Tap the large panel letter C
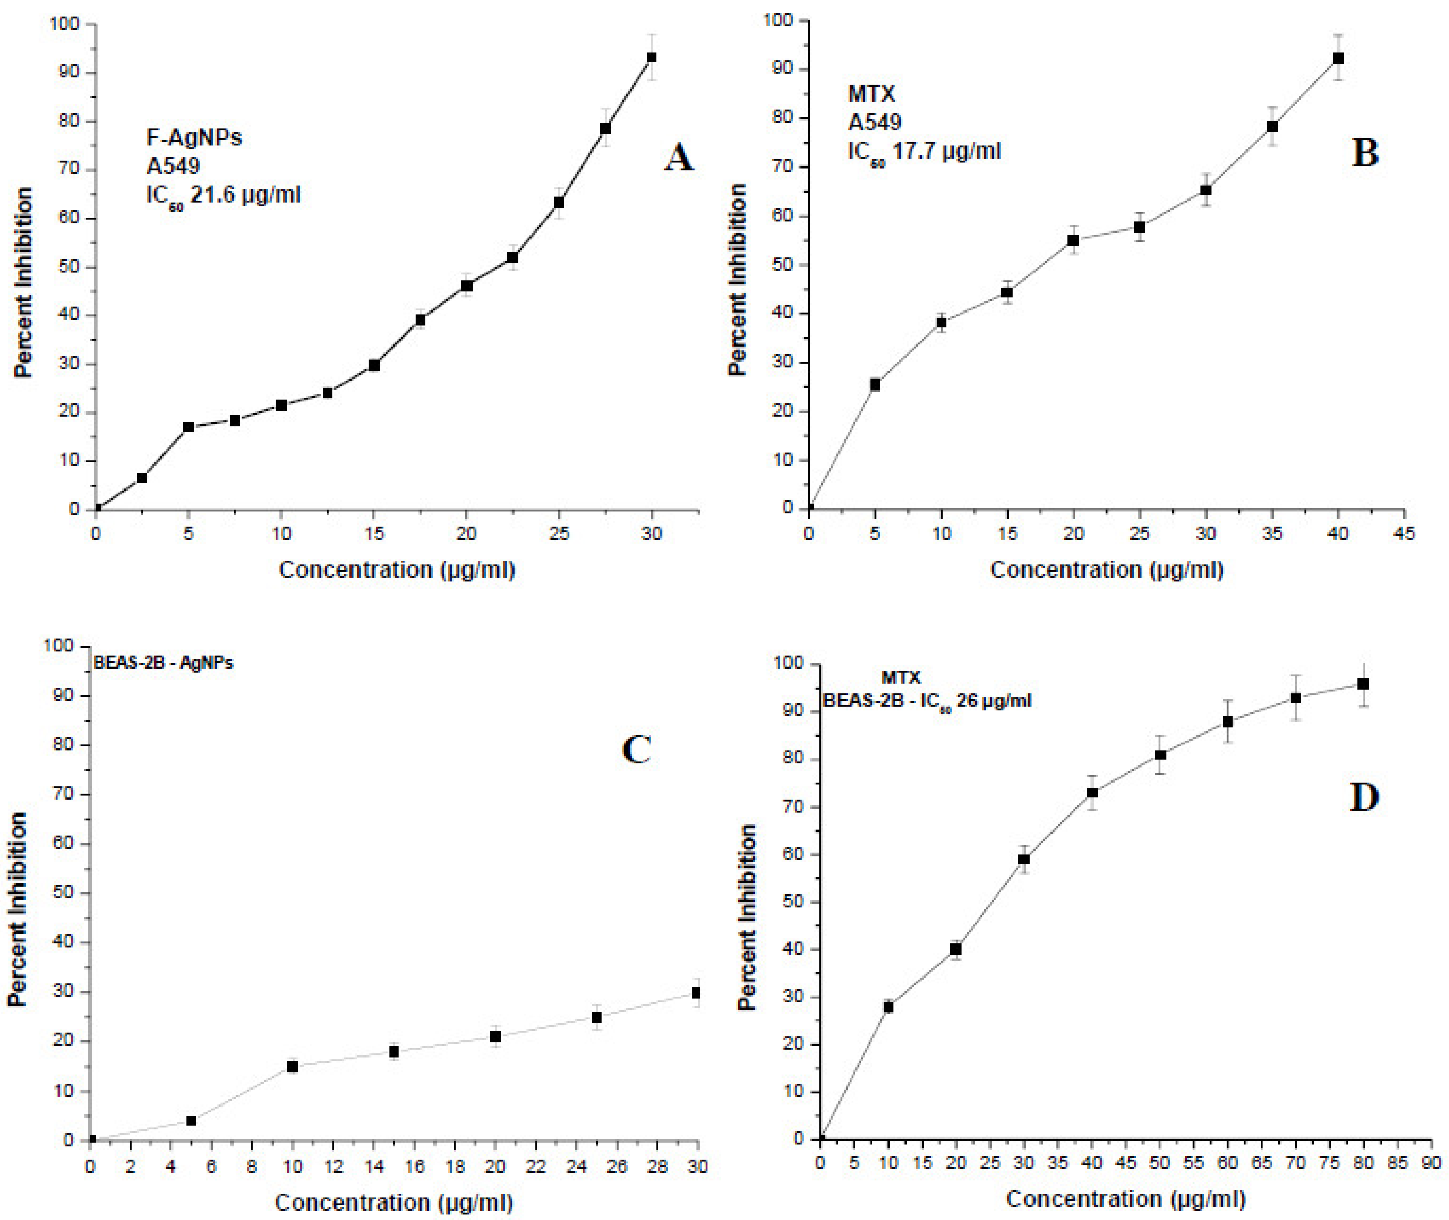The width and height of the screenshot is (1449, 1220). [x=636, y=749]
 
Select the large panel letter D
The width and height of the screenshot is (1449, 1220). [x=1364, y=797]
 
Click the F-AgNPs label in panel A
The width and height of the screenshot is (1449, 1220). [x=194, y=138]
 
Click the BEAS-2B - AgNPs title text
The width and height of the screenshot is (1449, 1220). [x=163, y=662]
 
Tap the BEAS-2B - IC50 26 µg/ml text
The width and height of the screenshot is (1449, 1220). [x=927, y=701]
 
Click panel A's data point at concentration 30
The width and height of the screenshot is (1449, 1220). [x=651, y=58]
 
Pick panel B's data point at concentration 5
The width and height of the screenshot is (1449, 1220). [x=875, y=384]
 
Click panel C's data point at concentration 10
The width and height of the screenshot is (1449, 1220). [x=292, y=1066]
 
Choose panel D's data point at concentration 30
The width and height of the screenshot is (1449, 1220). [x=1024, y=860]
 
